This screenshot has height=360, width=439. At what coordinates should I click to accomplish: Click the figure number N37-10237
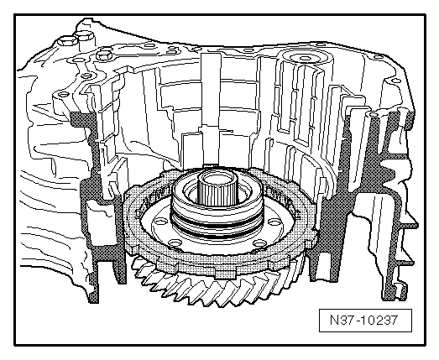coord(363,320)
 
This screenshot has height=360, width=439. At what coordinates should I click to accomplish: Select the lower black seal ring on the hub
coord(216,235)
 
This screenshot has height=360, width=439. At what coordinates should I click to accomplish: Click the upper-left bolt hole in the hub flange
coord(160,222)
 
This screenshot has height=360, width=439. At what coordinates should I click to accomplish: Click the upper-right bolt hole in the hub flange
coord(274,222)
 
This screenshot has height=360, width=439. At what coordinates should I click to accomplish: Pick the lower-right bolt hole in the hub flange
coord(260,243)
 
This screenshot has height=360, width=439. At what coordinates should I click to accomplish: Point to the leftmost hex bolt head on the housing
coord(67,42)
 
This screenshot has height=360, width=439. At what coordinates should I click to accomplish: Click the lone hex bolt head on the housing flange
coord(104,55)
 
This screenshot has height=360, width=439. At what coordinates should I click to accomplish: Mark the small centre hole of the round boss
coord(305,58)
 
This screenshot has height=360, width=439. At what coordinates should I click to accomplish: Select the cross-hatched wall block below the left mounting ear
coord(84,123)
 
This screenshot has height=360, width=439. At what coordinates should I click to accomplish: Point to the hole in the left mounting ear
coord(63,95)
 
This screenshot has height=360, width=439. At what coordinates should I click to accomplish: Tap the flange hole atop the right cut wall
coord(374,115)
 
